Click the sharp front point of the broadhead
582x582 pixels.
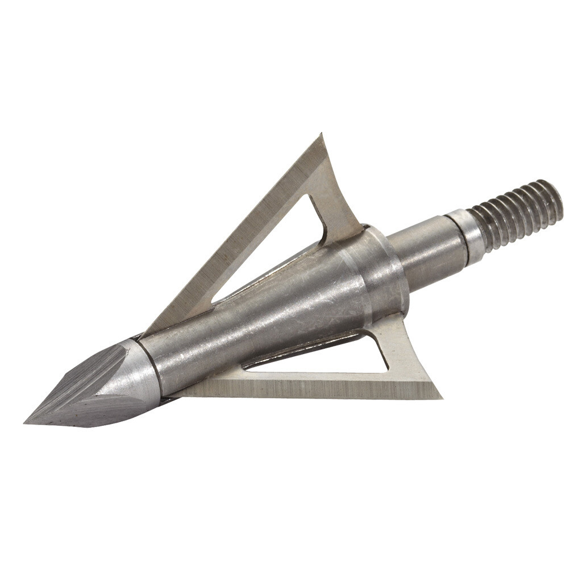(x=26, y=422)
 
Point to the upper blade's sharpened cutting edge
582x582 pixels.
(x=239, y=227)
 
